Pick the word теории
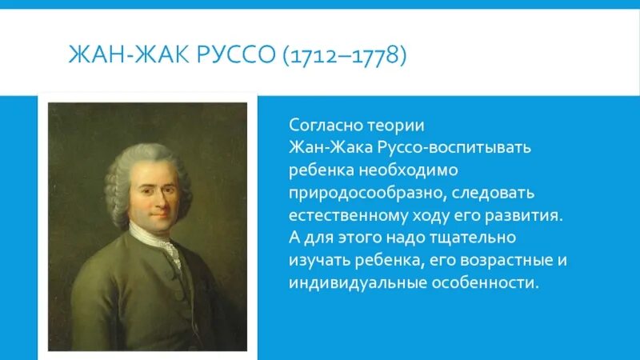(x=389, y=126)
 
